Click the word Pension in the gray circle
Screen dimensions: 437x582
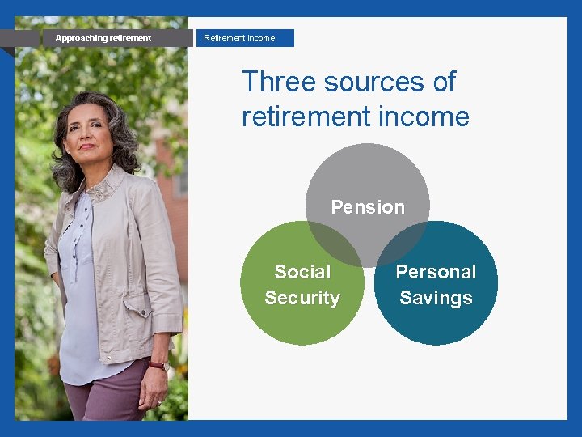pyautogui.click(x=368, y=207)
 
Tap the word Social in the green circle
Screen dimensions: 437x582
pyautogui.click(x=302, y=272)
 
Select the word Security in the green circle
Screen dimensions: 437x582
pyautogui.click(x=302, y=298)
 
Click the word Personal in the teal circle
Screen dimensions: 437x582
pyautogui.click(x=436, y=272)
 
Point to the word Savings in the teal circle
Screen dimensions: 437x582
pyautogui.click(x=436, y=298)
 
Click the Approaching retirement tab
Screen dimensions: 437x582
pyautogui.click(x=103, y=38)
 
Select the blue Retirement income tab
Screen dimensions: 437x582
pyautogui.click(x=244, y=38)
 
